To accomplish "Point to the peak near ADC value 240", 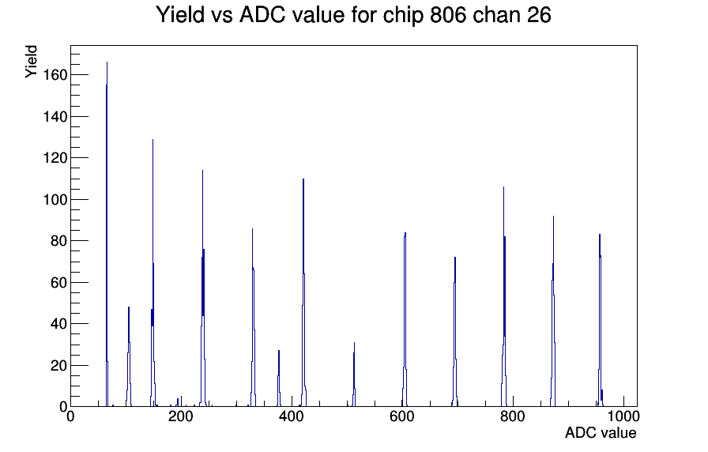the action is coord(203,289).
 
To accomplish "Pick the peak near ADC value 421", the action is coord(303,293).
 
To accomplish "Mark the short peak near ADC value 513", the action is coord(354,375).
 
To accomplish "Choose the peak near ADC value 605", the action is coord(405,320).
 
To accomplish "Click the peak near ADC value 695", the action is coord(454,332).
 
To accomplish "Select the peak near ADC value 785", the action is coord(504,298).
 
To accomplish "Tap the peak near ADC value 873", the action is coord(553,311).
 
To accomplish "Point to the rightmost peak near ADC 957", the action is coord(600,321).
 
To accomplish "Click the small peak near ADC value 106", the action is coord(129,356).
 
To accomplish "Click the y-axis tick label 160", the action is coord(55,75).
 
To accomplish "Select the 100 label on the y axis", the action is coord(55,200).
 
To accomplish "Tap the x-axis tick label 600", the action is coord(402,416).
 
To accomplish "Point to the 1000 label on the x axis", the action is coord(623,416).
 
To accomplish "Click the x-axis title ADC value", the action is coord(601,432).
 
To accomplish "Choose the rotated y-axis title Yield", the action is coord(31,62).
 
